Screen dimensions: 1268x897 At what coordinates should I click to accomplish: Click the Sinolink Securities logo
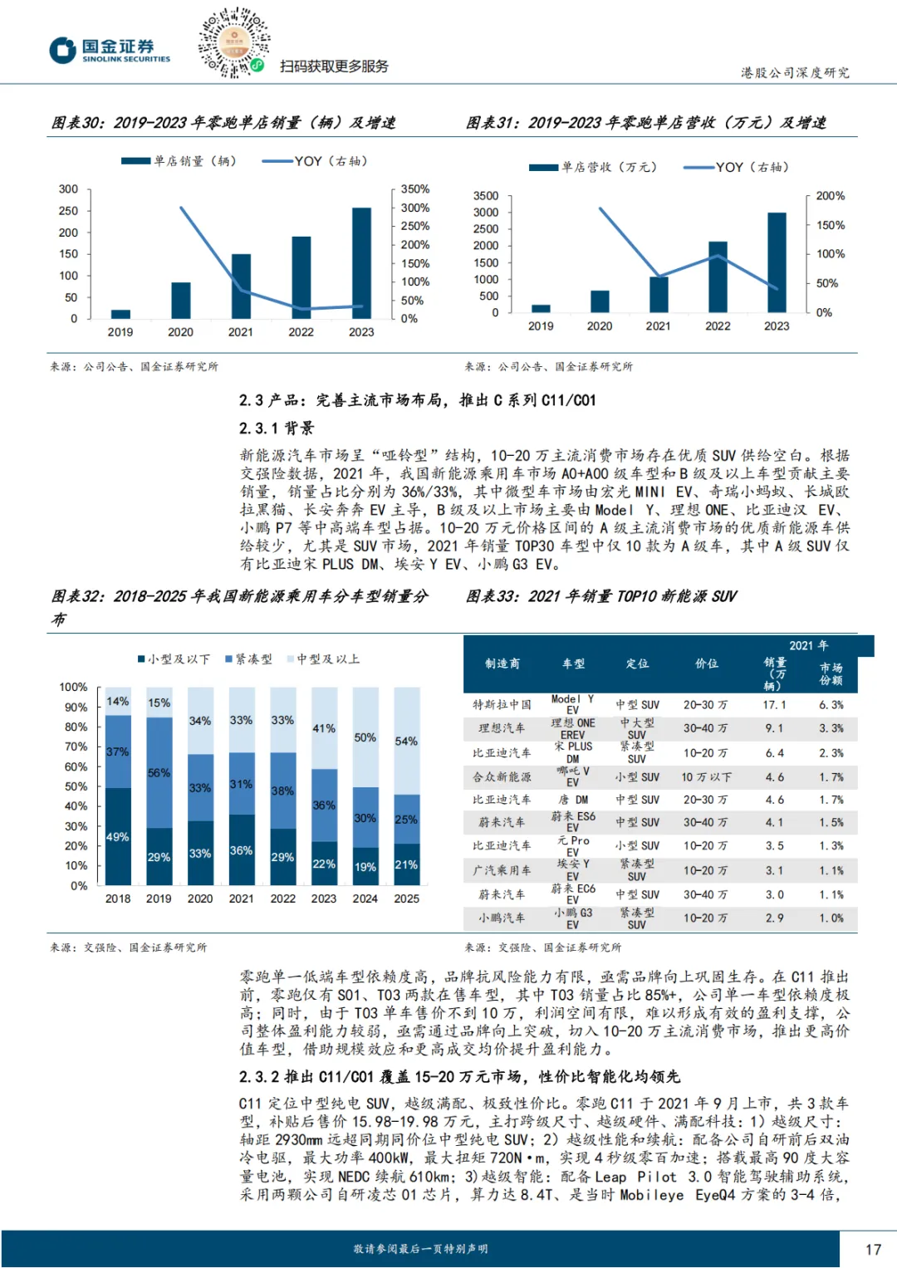coord(110,51)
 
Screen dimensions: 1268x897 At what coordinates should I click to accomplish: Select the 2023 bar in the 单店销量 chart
coord(361,262)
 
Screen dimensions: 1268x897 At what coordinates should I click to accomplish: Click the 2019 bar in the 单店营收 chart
coord(541,308)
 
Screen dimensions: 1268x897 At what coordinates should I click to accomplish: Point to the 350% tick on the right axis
coord(414,189)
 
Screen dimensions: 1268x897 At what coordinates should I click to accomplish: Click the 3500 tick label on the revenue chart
coord(486,196)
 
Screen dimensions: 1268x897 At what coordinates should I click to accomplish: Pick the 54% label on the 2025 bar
coord(406,741)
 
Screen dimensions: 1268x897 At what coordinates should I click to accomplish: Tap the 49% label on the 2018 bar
coord(117,837)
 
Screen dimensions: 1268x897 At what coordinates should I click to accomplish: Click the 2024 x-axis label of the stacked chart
coord(365,898)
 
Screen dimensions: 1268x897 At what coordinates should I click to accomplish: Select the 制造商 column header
coord(502,663)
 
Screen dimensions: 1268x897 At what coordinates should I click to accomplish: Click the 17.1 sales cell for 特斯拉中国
coord(774,705)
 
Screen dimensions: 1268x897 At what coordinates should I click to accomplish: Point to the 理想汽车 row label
coord(502,728)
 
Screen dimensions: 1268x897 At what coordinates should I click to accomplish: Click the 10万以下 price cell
coord(706,777)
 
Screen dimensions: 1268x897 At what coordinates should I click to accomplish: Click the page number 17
coord(873,1249)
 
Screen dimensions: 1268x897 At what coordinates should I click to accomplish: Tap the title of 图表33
coord(601,596)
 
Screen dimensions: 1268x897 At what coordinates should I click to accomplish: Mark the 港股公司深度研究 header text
coord(795,73)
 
